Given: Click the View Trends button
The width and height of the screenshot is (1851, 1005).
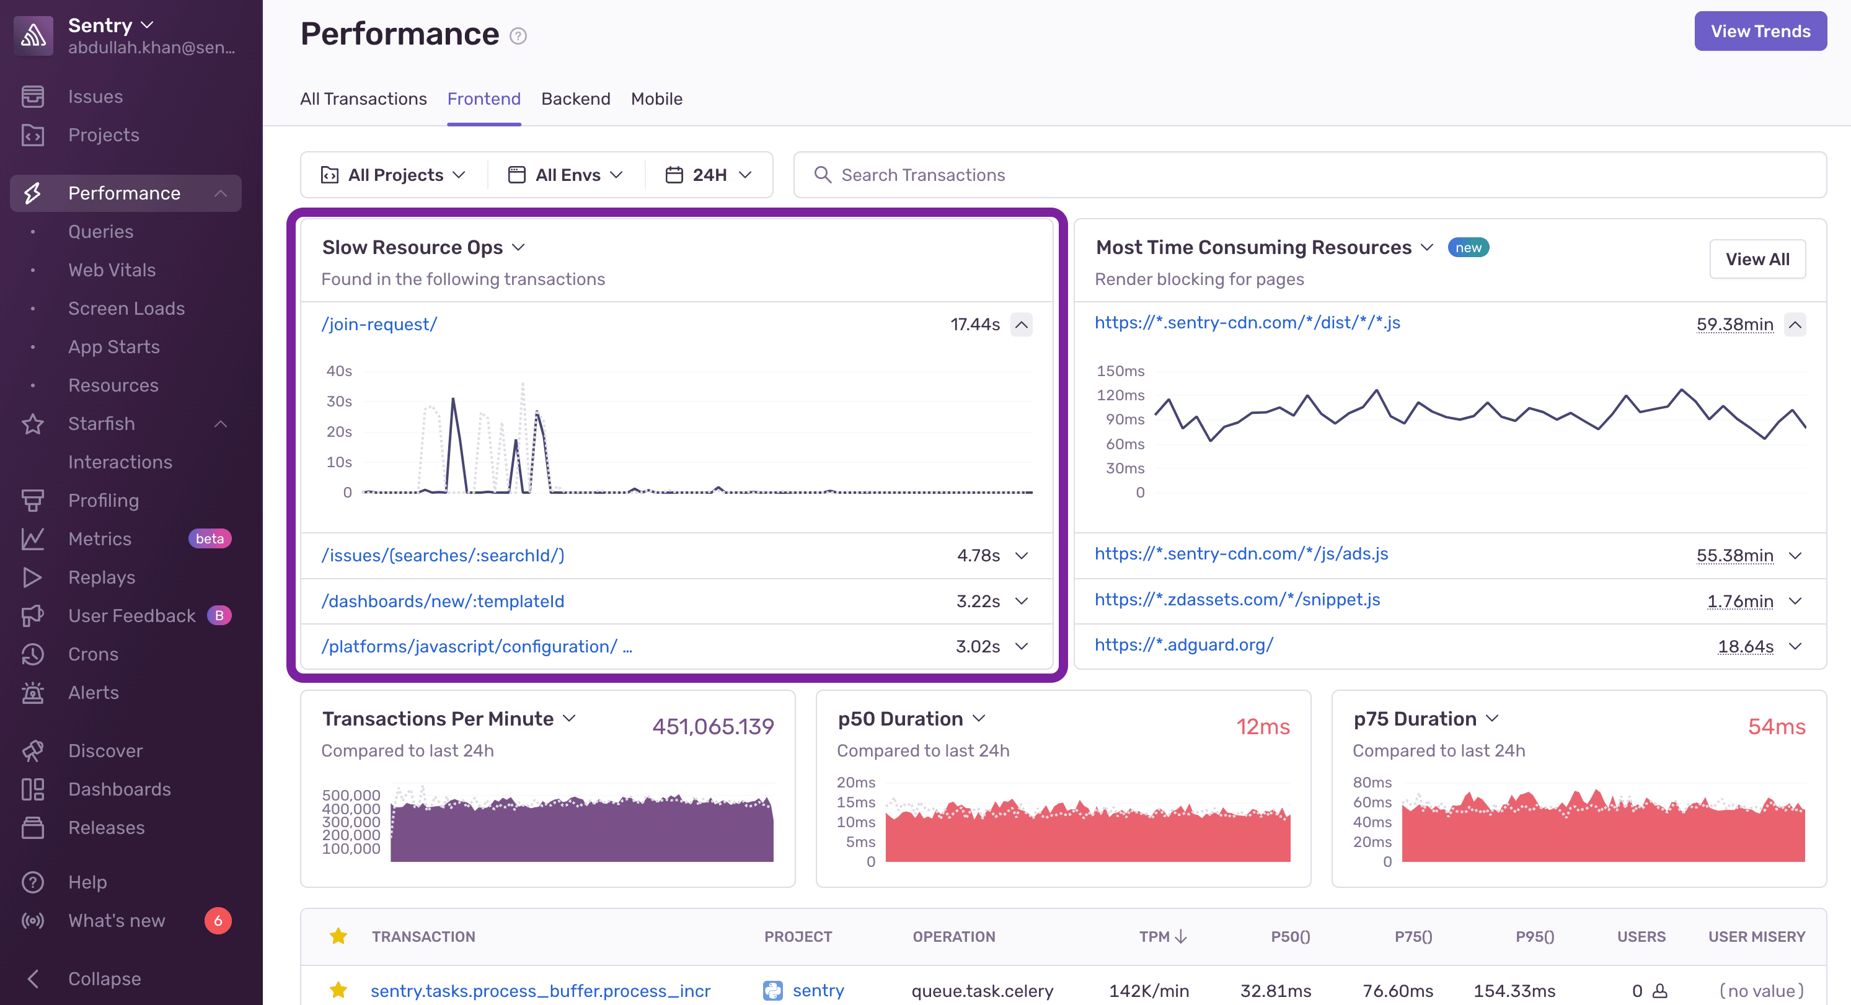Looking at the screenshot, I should click(1760, 31).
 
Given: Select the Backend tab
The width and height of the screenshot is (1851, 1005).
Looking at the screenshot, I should click(575, 99).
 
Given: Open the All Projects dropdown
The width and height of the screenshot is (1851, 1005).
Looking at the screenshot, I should click(394, 175).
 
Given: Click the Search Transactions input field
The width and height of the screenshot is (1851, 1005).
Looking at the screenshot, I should click(1308, 175).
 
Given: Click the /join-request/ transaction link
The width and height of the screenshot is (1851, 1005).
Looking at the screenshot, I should click(379, 324).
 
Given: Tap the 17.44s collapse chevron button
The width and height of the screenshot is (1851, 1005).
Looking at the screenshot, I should click(1021, 325).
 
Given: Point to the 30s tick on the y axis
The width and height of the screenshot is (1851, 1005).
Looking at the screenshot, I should click(339, 401).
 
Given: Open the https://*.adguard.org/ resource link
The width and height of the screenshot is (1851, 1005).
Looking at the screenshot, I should click(1183, 644).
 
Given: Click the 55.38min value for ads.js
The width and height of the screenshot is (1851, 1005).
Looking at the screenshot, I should click(1734, 555).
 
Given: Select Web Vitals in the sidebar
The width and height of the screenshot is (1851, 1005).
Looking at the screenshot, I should click(112, 270).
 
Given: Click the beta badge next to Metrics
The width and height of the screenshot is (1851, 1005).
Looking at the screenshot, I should click(209, 539).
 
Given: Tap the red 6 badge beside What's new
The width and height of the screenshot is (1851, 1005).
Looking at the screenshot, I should click(218, 920).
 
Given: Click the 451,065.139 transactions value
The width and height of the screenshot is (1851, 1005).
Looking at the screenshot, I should click(713, 726).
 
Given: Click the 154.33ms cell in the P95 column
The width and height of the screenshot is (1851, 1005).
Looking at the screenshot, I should click(1514, 991).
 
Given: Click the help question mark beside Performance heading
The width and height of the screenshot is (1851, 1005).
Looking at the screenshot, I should click(518, 36).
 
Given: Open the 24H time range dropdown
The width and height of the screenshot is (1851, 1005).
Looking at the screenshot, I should click(709, 175).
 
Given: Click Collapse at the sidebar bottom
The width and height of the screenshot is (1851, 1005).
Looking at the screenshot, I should click(104, 978).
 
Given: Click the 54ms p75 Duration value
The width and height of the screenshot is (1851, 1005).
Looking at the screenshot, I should click(1776, 726).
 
